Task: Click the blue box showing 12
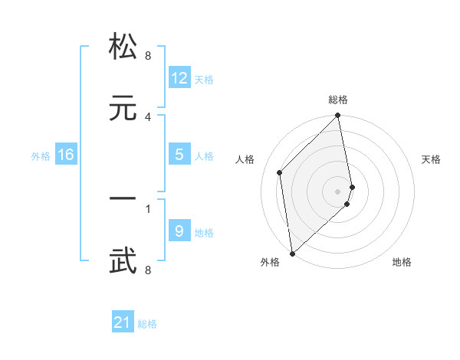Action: (179, 78)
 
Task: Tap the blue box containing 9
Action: (179, 231)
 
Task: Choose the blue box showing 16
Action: (66, 155)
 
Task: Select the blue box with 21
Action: (123, 323)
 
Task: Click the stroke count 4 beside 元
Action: (148, 116)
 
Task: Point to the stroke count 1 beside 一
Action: (148, 208)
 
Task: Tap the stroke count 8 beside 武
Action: (148, 270)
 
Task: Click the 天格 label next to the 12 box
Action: (204, 80)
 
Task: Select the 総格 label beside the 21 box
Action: (147, 324)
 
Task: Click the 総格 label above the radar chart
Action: (338, 100)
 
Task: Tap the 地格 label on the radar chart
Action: (402, 262)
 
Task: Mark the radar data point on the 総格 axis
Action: (338, 116)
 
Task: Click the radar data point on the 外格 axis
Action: (292, 253)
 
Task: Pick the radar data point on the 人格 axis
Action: (280, 172)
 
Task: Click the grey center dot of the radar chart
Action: (338, 191)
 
